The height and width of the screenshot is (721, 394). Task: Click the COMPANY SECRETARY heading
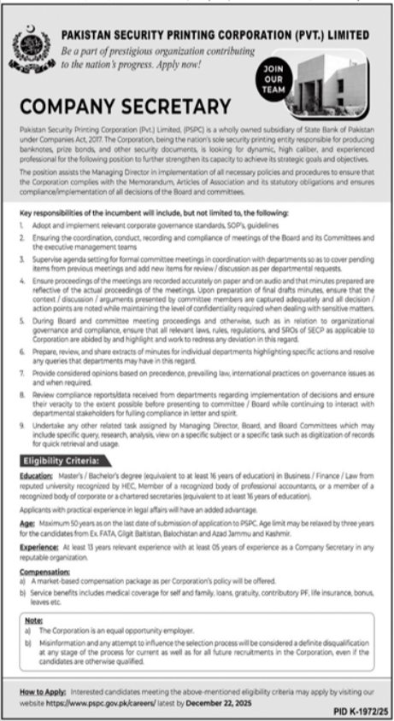tap(126, 107)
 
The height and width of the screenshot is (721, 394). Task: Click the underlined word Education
tap(37, 475)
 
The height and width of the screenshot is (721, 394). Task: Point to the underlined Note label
tap(33, 622)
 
